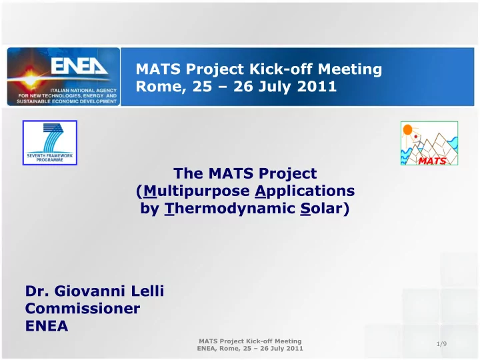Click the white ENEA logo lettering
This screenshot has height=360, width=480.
tap(79, 67)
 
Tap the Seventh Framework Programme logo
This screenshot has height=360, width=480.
tap(50, 143)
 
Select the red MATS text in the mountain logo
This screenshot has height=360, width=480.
tap(432, 161)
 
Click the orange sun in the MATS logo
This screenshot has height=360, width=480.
tap(407, 129)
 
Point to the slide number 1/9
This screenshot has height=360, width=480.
tap(441, 344)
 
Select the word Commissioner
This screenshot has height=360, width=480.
tap(83, 308)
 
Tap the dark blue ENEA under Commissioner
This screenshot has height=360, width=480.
tap(47, 326)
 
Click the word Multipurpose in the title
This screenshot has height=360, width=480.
tap(197, 191)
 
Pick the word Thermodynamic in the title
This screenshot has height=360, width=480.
tap(230, 209)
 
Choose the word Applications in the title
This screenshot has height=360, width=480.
tap(305, 191)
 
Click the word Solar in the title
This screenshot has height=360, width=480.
tap(321, 209)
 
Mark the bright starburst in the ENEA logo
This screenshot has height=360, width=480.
tap(31, 80)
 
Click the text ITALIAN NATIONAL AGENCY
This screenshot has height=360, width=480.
tap(83, 90)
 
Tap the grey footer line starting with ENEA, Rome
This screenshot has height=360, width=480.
tap(250, 349)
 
